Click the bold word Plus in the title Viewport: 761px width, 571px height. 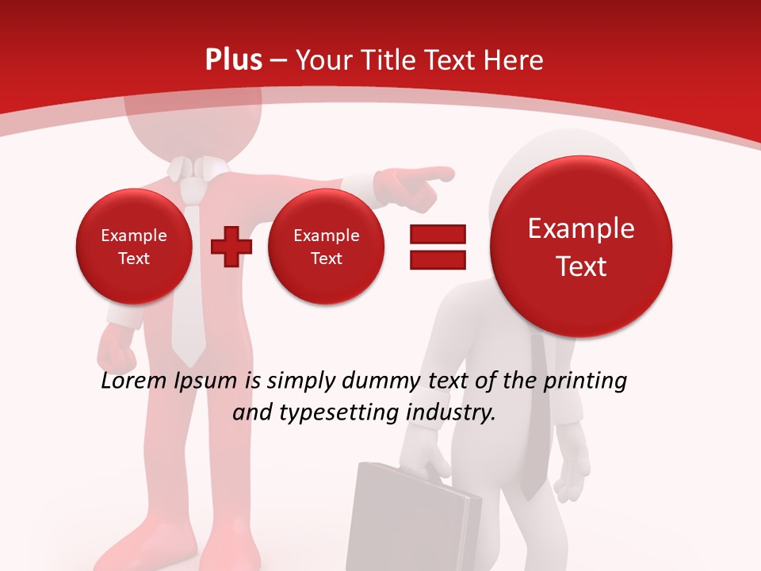point(233,59)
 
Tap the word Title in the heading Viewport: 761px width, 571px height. point(390,60)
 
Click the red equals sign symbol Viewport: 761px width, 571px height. point(438,247)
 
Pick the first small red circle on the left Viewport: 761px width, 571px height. point(133,246)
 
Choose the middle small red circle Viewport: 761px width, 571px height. point(326,246)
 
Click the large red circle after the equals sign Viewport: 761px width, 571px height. point(581,247)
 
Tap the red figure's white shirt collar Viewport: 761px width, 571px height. point(194,167)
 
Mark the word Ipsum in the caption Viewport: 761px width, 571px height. point(205,381)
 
